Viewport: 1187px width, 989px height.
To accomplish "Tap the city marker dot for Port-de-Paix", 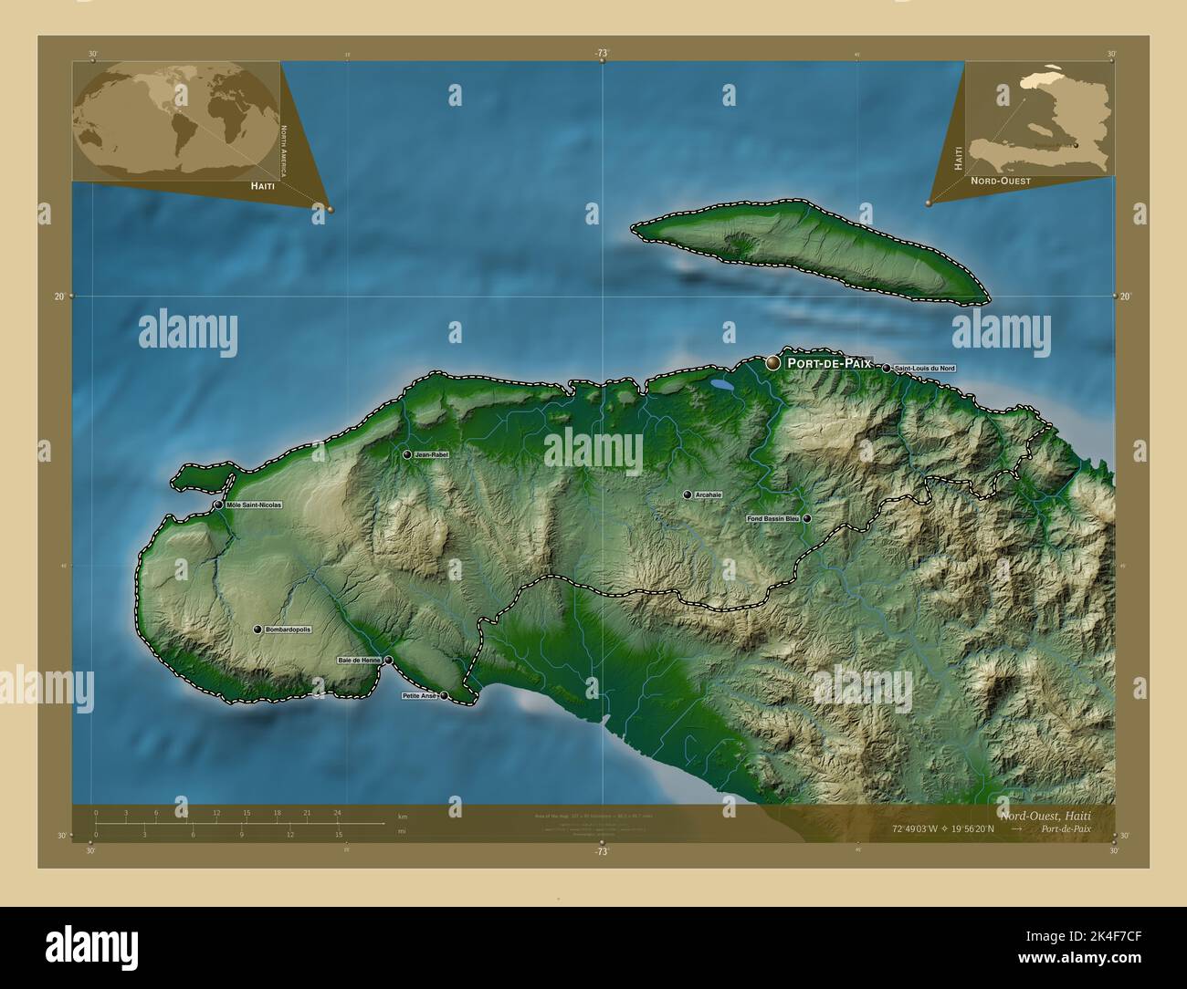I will [x=773, y=363].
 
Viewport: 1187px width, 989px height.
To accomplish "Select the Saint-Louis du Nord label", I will [x=924, y=369].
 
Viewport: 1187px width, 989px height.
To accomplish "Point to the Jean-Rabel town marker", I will [x=407, y=454].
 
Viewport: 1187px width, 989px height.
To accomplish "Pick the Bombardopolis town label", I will [x=288, y=630].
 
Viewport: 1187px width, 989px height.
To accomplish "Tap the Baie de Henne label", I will [x=360, y=660].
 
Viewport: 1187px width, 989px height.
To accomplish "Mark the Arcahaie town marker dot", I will [x=688, y=494].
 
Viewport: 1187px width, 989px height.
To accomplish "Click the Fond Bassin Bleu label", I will [x=772, y=518].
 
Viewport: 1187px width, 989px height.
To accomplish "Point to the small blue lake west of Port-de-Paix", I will [x=722, y=387].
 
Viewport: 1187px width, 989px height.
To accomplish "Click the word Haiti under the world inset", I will [x=260, y=185].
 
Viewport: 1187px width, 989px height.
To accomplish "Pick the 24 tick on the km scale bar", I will [x=337, y=812].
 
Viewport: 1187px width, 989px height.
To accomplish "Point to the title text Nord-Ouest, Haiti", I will [x=1056, y=814].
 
